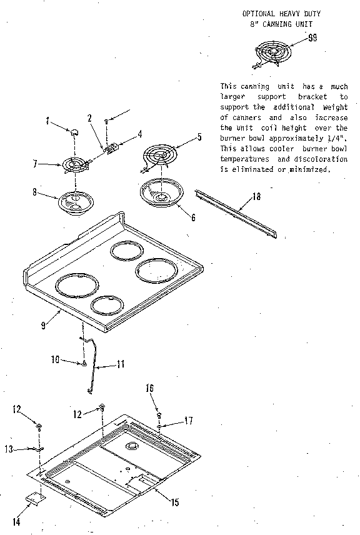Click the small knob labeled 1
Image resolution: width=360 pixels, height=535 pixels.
[x=74, y=131]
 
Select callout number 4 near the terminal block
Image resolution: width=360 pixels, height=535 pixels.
[x=139, y=133]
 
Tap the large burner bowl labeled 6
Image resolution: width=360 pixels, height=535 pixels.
[x=161, y=192]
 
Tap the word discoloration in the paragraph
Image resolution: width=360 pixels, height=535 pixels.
[x=311, y=159]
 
